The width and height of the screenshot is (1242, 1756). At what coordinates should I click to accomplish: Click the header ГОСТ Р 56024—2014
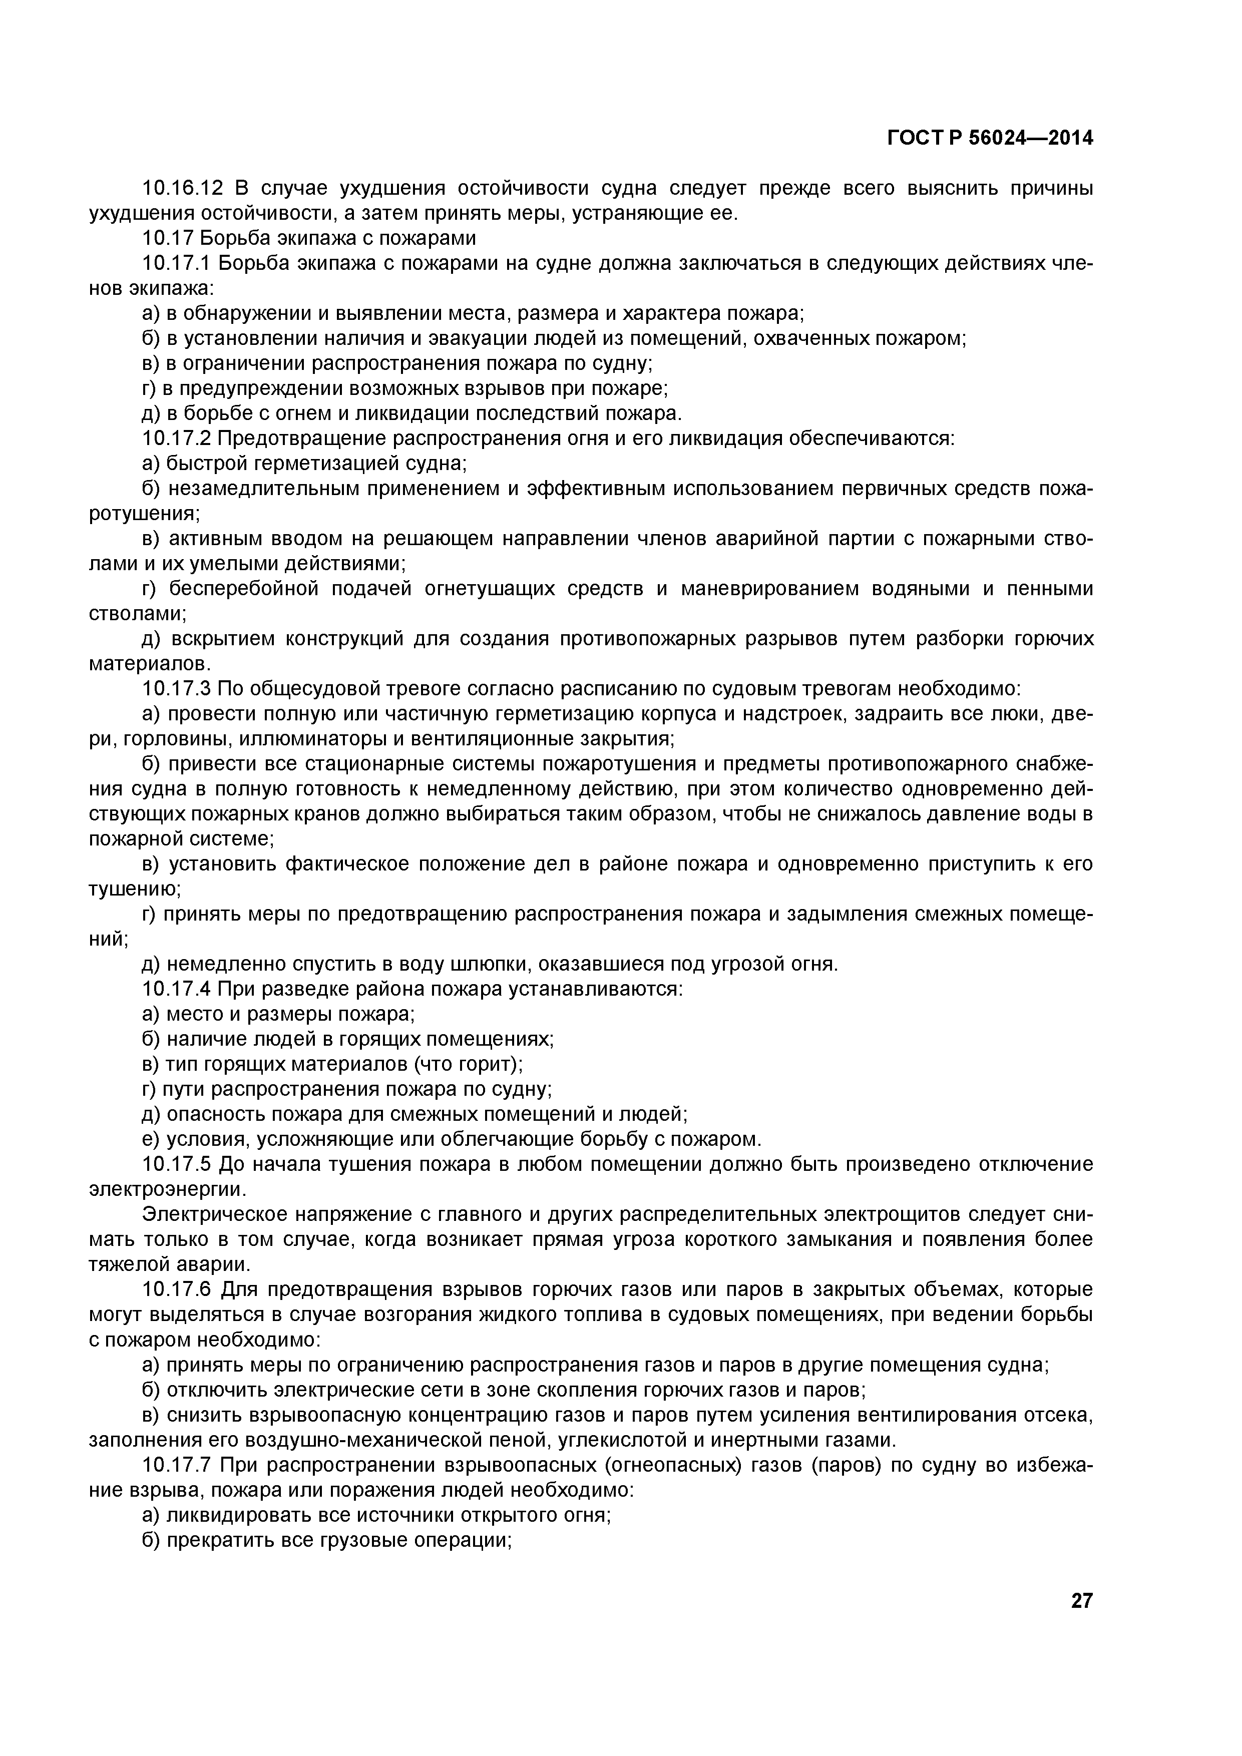(990, 139)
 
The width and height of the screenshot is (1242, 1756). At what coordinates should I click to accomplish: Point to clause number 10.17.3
(177, 689)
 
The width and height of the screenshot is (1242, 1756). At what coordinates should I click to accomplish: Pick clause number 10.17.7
(177, 1465)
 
